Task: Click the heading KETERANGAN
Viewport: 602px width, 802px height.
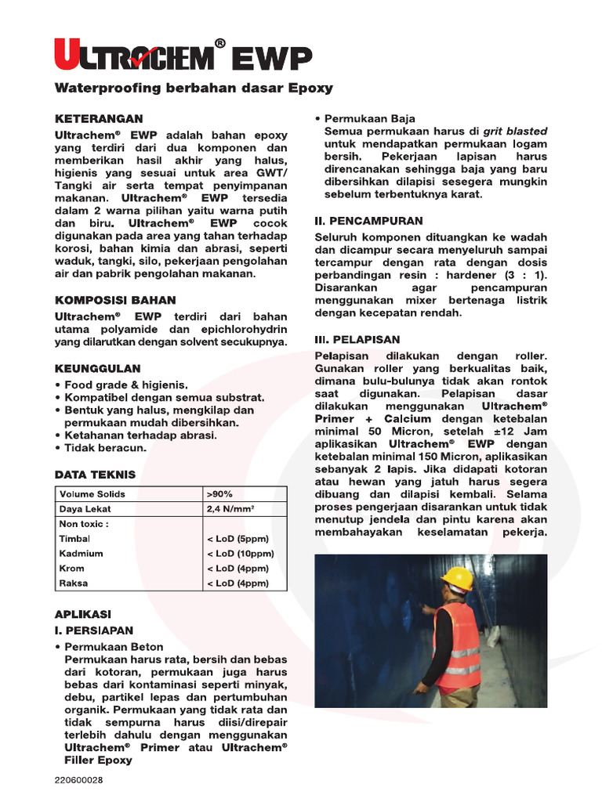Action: coord(99,119)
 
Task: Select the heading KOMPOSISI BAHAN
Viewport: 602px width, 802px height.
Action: coord(115,300)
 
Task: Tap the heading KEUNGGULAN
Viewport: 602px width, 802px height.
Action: coord(97,368)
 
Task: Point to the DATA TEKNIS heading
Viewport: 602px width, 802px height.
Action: coord(95,475)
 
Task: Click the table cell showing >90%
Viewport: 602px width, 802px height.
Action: coord(219,494)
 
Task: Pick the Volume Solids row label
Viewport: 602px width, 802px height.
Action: coord(92,494)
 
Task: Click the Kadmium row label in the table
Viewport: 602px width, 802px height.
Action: coord(81,554)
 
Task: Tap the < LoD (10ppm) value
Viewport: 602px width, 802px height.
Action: coord(240,554)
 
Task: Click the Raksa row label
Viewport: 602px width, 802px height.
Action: coord(74,583)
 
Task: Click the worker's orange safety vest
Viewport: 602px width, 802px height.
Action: coord(458,645)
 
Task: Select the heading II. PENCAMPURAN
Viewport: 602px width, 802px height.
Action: coord(368,222)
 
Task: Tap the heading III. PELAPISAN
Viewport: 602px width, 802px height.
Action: coord(357,340)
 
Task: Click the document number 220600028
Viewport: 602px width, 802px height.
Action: coord(78,780)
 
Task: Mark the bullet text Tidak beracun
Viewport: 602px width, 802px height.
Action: coord(106,449)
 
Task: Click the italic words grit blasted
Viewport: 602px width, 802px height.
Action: coord(515,132)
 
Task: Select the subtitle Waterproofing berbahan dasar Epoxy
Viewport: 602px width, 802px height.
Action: coord(194,89)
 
